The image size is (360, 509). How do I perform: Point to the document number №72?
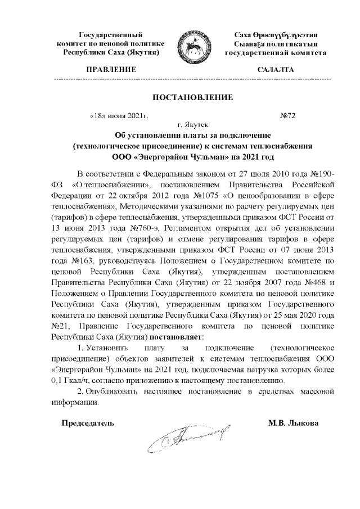point(287,116)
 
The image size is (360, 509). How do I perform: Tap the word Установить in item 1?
point(110,348)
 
